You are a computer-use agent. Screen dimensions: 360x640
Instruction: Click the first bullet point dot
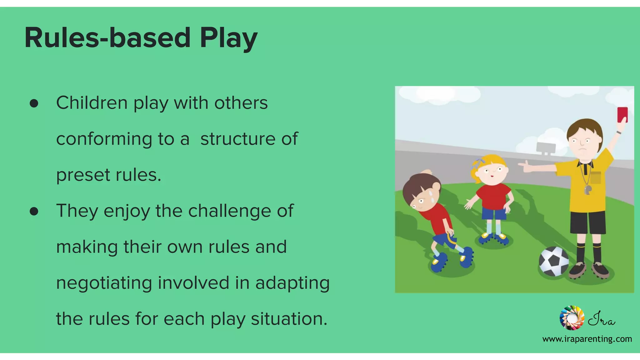click(x=34, y=103)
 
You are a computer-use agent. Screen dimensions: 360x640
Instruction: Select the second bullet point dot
click(x=34, y=212)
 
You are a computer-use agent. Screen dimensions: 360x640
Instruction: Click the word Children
click(x=92, y=103)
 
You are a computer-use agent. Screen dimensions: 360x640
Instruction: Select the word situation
click(x=289, y=319)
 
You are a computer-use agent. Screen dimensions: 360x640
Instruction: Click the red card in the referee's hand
click(x=622, y=115)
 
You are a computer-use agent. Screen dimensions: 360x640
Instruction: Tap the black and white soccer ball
click(x=554, y=261)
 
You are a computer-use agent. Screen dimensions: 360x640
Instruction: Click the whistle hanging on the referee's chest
click(x=588, y=189)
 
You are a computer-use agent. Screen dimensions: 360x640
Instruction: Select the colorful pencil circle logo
click(x=572, y=318)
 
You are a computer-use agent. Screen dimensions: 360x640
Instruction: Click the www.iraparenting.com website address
click(x=587, y=339)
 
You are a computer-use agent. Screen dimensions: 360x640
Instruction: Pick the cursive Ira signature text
click(x=602, y=319)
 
